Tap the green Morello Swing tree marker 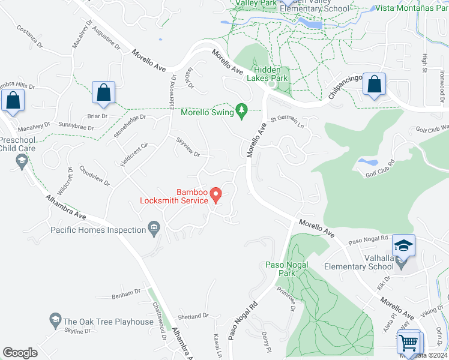coord(241,110)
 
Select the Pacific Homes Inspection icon coord(154,228)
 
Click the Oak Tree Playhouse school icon coord(56,319)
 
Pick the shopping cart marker coord(409,343)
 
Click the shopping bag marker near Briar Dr coord(104,93)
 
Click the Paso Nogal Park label coord(287,269)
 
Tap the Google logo coord(20,352)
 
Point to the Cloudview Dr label coord(94,176)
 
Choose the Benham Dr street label coord(125,293)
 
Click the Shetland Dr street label coord(193,316)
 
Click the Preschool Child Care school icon coord(22,160)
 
